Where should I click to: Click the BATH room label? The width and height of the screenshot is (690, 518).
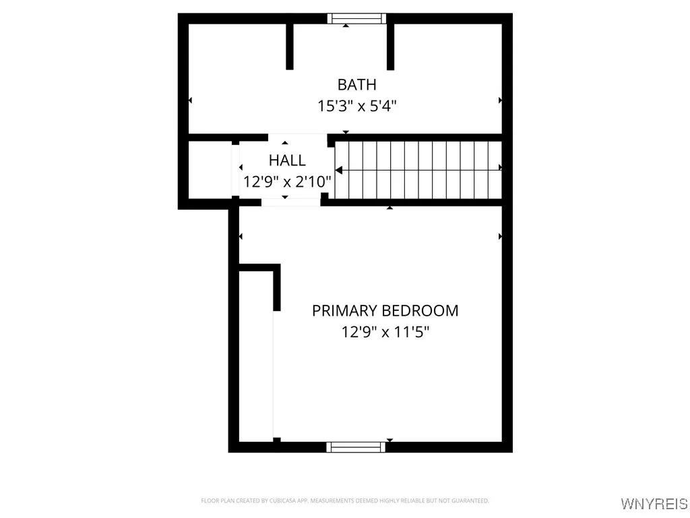356,85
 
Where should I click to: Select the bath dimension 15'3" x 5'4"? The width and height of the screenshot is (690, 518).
356,106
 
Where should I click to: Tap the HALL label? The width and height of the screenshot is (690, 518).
287,161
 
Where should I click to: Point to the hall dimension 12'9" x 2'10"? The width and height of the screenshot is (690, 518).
287,181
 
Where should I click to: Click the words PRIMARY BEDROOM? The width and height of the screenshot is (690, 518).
385,311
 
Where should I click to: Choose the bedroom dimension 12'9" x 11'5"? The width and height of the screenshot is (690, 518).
385,332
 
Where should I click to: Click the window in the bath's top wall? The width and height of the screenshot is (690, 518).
356,18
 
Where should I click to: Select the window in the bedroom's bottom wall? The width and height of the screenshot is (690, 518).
356,447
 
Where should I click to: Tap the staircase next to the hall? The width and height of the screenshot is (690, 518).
418,170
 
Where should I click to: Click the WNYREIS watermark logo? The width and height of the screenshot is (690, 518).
654,504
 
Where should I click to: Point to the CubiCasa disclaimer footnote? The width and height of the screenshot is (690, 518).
344,500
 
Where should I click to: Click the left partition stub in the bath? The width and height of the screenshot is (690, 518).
290,46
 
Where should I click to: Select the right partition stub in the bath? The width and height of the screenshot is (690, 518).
390,46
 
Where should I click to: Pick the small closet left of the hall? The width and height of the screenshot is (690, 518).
210,170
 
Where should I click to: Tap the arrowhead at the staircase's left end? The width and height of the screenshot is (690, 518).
339,169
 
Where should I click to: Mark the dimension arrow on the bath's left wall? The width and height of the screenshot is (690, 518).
190,100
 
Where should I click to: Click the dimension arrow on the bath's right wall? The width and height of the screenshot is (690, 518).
500,100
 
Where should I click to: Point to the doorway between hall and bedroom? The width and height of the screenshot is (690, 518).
290,202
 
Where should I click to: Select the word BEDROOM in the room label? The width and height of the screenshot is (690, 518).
420,311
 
